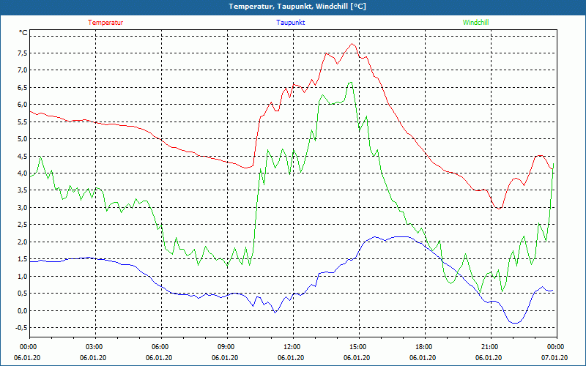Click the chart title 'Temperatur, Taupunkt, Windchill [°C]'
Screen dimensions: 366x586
pyautogui.click(x=292, y=7)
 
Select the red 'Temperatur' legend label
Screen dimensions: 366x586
pyautogui.click(x=105, y=23)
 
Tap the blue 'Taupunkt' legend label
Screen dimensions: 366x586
pyautogui.click(x=291, y=23)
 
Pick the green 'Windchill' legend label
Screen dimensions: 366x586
pyautogui.click(x=475, y=23)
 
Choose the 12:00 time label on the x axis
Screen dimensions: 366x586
pyautogui.click(x=292, y=346)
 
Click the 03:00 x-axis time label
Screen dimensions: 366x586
pyautogui.click(x=94, y=346)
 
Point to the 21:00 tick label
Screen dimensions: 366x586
pyautogui.click(x=489, y=346)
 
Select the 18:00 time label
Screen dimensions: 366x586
pyautogui.click(x=423, y=346)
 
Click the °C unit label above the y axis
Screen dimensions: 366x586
pyautogui.click(x=23, y=33)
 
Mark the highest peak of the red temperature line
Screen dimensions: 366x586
pyautogui.click(x=353, y=44)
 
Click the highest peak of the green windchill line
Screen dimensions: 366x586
pyautogui.click(x=351, y=82)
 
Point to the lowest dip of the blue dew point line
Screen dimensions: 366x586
pyautogui.click(x=515, y=323)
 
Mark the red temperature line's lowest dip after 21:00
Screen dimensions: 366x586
pyautogui.click(x=500, y=209)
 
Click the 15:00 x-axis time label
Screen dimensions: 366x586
pyautogui.click(x=357, y=346)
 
